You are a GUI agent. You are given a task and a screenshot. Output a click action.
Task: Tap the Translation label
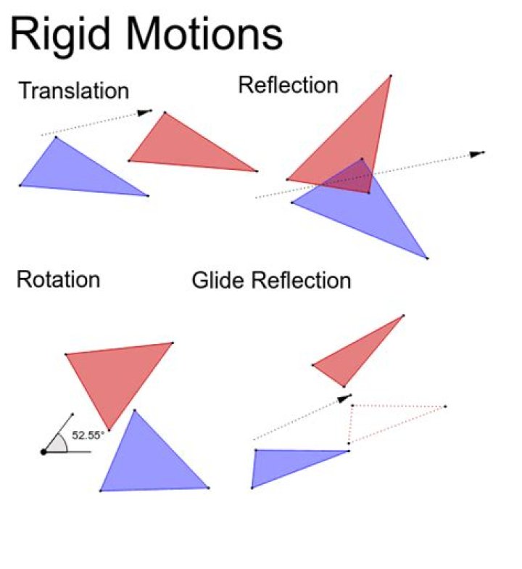pyautogui.click(x=73, y=91)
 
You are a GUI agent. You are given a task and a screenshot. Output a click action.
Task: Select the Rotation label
pyautogui.click(x=58, y=279)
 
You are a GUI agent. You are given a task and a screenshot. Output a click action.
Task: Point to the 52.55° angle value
pyautogui.click(x=88, y=435)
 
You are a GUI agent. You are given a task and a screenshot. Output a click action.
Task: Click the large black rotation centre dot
pyautogui.click(x=43, y=451)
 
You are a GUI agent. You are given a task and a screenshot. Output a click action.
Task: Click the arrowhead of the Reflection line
pyautogui.click(x=478, y=153)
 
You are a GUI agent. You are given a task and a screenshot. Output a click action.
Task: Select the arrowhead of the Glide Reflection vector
pyautogui.click(x=343, y=398)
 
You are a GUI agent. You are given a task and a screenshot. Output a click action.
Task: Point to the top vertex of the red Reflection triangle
pyautogui.click(x=391, y=75)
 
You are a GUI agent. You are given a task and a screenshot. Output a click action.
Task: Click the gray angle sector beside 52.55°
pyautogui.click(x=58, y=443)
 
